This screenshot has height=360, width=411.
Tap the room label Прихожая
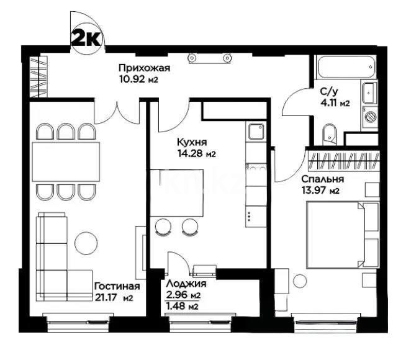click(144, 68)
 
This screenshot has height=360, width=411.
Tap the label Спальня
click(323, 179)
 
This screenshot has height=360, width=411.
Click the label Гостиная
click(117, 287)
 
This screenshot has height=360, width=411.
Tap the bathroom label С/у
click(329, 92)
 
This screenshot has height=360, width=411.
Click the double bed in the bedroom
click(335, 236)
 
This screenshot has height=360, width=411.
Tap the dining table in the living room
click(67, 160)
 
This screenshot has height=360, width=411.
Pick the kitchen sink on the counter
click(256, 132)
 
